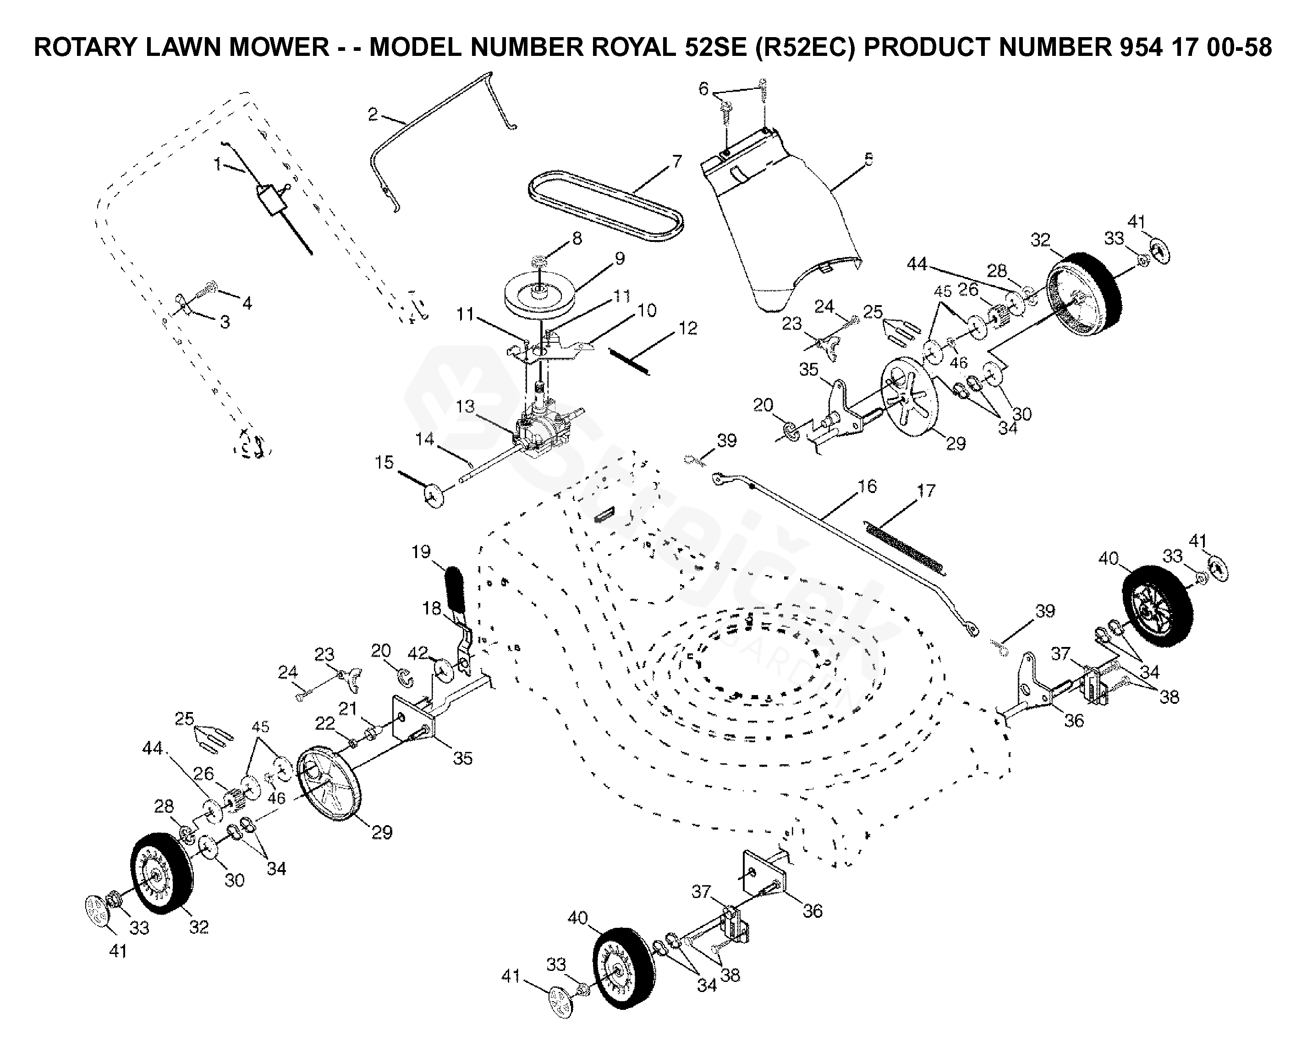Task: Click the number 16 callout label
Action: [x=867, y=486]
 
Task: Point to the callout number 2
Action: [x=373, y=115]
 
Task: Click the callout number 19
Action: [x=421, y=552]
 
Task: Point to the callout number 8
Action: [x=577, y=238]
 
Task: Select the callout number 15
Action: [x=384, y=462]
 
